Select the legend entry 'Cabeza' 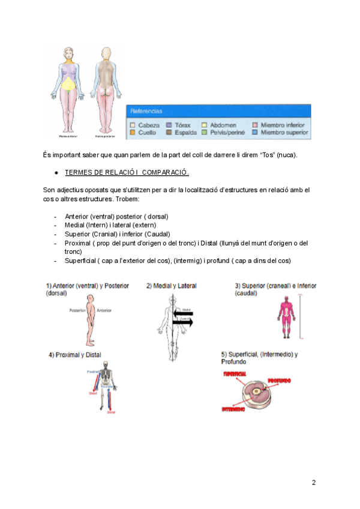(149, 125)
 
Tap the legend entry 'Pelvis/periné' (227, 132)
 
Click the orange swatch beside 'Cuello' (133, 132)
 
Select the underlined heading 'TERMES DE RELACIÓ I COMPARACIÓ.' (127, 173)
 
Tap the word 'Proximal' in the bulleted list (77, 243)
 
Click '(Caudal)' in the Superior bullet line (158, 234)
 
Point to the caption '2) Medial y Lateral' (171, 286)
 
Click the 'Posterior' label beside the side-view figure (78, 310)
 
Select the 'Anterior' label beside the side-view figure (104, 310)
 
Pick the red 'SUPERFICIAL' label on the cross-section (235, 373)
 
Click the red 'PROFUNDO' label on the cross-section (280, 381)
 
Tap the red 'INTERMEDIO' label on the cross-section (233, 409)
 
